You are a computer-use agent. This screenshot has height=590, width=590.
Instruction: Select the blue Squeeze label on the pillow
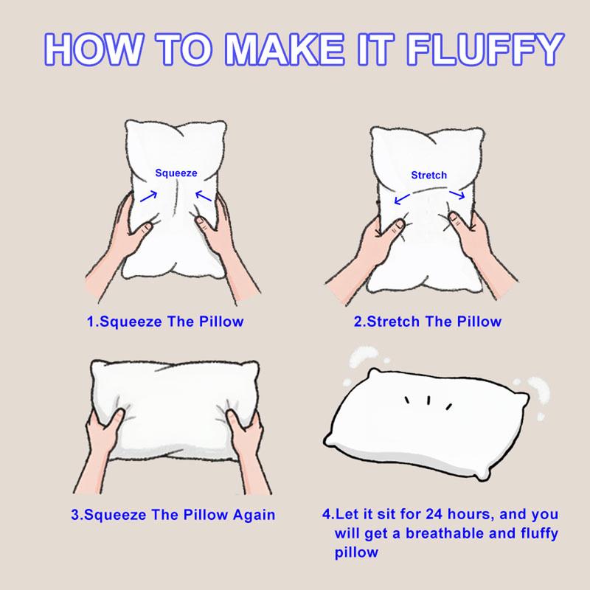[176, 173]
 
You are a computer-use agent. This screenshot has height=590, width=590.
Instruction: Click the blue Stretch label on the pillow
[428, 176]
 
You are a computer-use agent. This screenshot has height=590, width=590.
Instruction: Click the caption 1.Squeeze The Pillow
[165, 322]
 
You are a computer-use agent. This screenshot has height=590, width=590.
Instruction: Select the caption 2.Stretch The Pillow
[428, 322]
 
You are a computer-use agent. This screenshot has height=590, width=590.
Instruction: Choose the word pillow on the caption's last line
[356, 552]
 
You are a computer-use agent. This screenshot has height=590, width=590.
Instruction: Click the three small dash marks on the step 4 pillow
[427, 402]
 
